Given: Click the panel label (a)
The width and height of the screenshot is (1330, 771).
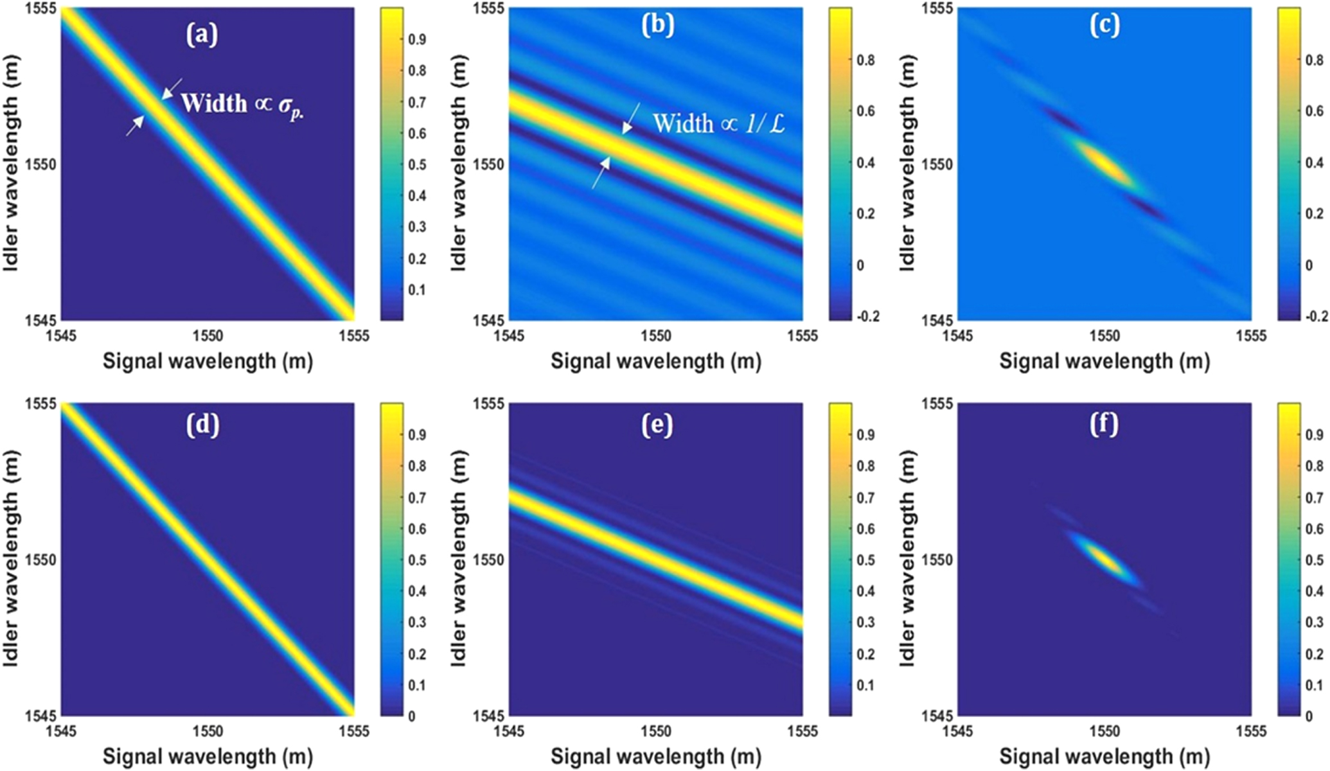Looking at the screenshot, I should pos(202,34).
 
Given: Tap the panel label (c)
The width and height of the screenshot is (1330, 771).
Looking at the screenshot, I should pos(1104,25).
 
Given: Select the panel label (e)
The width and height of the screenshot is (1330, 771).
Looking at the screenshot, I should pos(657,425).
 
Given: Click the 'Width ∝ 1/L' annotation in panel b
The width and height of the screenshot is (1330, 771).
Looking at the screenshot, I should pos(718,123).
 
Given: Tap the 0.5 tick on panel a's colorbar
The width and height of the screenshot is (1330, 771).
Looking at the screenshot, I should pos(418,164).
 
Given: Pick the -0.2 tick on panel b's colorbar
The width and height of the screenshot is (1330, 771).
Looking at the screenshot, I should pos(868,316).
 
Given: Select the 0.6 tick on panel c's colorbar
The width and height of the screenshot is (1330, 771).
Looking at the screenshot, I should pos(1315,111).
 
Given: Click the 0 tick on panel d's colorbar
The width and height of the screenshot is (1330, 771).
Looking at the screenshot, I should pos(412,716).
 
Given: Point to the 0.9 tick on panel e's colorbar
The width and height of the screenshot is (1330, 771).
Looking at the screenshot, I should pos(866,435).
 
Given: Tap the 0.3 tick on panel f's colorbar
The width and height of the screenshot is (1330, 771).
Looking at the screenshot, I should pos(1315,622).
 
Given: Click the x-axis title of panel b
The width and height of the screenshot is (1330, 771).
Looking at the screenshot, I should pos(655,362).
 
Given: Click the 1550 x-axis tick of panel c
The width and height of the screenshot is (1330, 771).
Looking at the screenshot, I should pos(1104,336).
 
